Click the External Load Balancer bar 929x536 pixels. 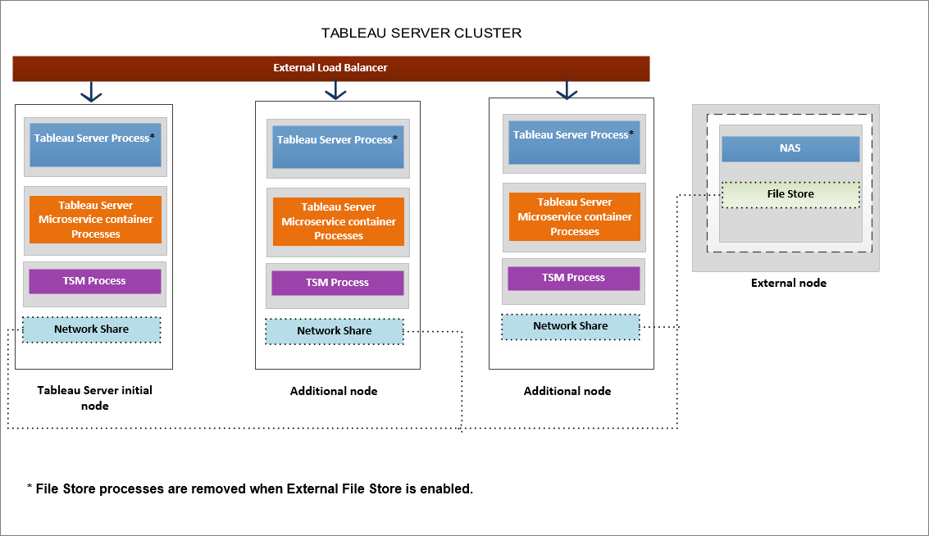[x=330, y=68]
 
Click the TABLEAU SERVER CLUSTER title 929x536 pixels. [x=421, y=34]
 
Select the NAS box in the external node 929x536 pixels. [x=790, y=149]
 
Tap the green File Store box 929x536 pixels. [x=790, y=194]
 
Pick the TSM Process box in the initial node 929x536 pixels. [x=95, y=281]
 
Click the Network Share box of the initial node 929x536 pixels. [x=92, y=329]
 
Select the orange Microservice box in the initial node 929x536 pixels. [x=95, y=220]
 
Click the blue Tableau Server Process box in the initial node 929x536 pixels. [x=95, y=145]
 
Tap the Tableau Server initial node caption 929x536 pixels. [x=95, y=397]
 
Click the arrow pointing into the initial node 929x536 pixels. [x=91, y=93]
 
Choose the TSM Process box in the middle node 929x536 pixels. [x=338, y=283]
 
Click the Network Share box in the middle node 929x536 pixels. [x=335, y=331]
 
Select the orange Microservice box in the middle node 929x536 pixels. [x=338, y=221]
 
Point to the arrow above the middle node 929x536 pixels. [x=335, y=91]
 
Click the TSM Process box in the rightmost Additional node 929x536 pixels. [x=574, y=278]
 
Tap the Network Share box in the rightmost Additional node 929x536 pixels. [x=571, y=326]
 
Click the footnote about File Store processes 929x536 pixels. [x=250, y=489]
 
